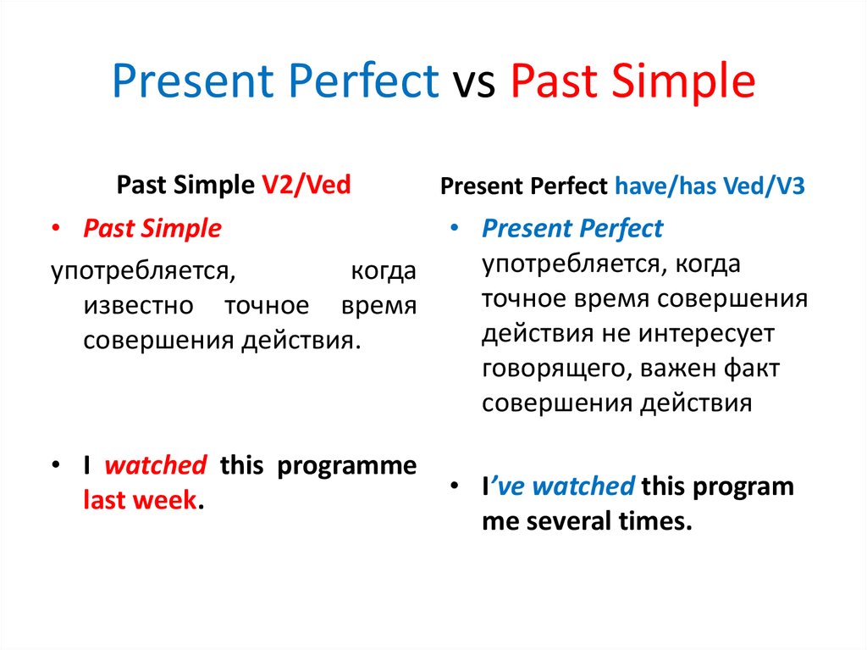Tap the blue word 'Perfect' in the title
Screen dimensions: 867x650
tap(363, 81)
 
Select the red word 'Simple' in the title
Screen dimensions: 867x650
tap(683, 83)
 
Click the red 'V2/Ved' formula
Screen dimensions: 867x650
tap(306, 185)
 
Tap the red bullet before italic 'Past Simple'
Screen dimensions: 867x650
tap(55, 228)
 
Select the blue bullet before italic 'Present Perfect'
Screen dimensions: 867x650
tap(455, 228)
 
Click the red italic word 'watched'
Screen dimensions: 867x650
tap(156, 465)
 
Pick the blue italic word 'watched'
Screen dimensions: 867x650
tap(583, 486)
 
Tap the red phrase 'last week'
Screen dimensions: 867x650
tap(141, 499)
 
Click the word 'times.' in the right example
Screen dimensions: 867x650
tap(655, 521)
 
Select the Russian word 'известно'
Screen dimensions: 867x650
tap(138, 306)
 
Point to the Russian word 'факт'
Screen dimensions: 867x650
tap(752, 368)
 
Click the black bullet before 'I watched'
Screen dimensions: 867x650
tap(55, 465)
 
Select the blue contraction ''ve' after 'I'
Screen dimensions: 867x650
tap(507, 486)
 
